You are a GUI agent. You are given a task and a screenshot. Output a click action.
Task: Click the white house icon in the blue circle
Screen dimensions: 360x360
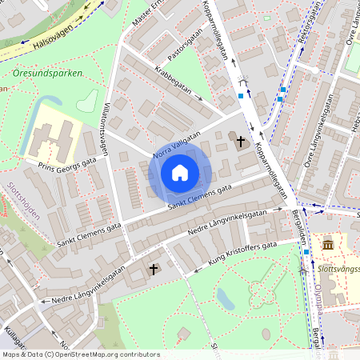(179, 173)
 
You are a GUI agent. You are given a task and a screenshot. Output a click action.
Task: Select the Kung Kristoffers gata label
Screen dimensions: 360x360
(242, 253)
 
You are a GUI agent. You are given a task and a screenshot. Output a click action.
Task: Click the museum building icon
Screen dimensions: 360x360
(328, 243)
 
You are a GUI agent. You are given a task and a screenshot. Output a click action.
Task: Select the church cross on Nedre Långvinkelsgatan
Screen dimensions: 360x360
(154, 270)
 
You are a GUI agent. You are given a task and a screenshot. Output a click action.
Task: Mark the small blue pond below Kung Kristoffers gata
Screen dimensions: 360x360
(225, 299)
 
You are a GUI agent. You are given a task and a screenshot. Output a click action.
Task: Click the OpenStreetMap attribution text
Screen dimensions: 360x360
(80, 354)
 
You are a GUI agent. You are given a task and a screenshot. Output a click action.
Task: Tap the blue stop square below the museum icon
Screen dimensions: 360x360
(306, 253)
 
